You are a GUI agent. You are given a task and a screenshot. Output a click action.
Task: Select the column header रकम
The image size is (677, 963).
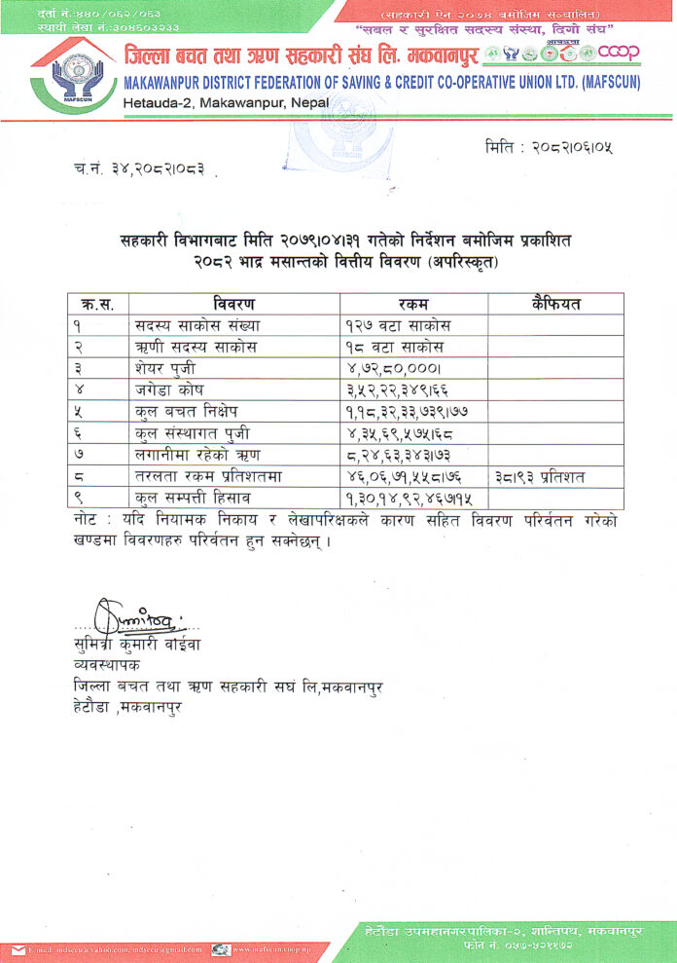pyautogui.click(x=408, y=304)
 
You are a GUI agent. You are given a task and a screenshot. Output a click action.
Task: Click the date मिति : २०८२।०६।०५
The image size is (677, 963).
pyautogui.click(x=549, y=148)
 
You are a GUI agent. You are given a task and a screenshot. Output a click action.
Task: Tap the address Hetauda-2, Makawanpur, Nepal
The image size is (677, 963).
pyautogui.click(x=227, y=102)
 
